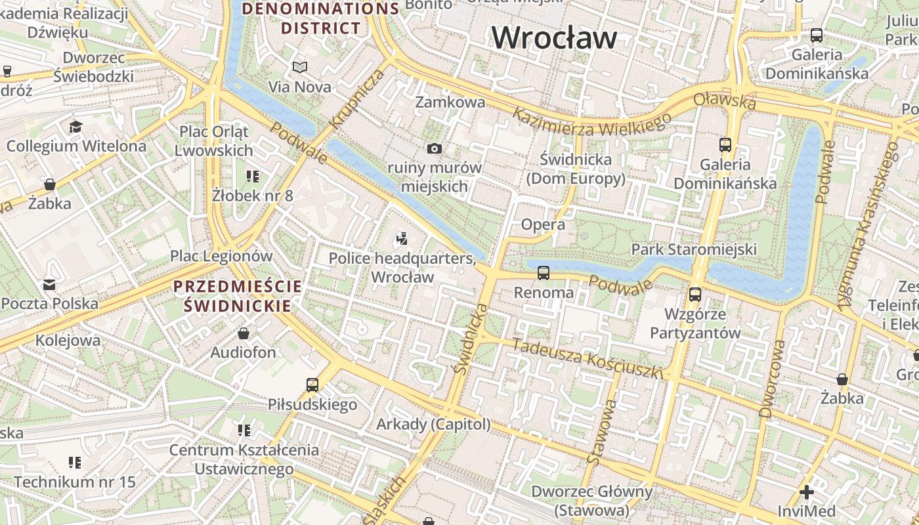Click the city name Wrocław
[x=554, y=37]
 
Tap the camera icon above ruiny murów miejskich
[x=434, y=149]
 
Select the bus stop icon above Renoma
[x=544, y=272]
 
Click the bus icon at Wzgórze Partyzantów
[x=695, y=295]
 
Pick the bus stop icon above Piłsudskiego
[x=312, y=385]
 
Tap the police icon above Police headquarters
[x=402, y=239]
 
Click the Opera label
[x=543, y=224]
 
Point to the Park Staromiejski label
[x=694, y=249]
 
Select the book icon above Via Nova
[x=300, y=67]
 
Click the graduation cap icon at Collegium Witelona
[x=76, y=126]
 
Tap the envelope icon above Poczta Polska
[x=49, y=284]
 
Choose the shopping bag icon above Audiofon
[x=244, y=333]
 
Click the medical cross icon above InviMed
[x=806, y=492]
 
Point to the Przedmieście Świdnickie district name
[x=238, y=296]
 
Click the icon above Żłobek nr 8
[x=253, y=176]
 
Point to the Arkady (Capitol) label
[x=433, y=425]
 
